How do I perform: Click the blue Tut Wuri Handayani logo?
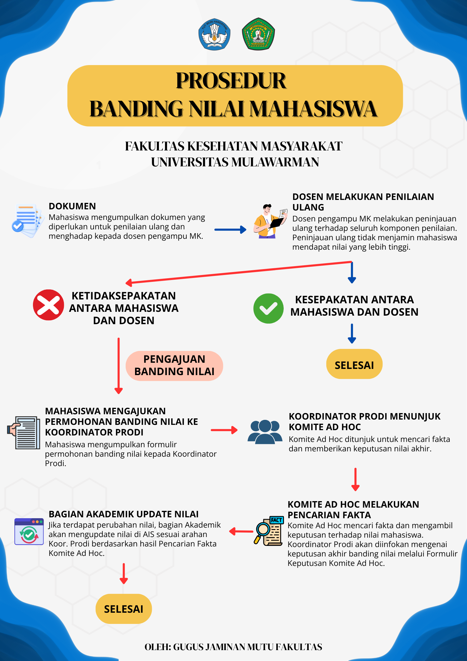click(214, 34)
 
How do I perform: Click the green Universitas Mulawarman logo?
click(258, 34)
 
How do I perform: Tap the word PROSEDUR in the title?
click(231, 81)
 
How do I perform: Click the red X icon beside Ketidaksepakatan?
click(49, 305)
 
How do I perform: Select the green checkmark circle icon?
click(268, 309)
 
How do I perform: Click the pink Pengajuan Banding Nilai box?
click(174, 366)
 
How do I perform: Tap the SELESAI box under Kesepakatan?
click(354, 364)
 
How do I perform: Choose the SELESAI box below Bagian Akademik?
click(124, 609)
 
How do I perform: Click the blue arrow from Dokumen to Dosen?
click(230, 230)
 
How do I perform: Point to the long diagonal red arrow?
click(238, 272)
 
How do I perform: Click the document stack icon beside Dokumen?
click(27, 220)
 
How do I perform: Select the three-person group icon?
click(265, 432)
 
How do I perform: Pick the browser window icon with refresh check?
click(29, 531)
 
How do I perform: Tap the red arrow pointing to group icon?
click(224, 430)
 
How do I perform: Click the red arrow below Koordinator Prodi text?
click(355, 479)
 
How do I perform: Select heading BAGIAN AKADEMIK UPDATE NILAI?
click(124, 514)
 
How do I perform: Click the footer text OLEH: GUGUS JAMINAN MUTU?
click(233, 647)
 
